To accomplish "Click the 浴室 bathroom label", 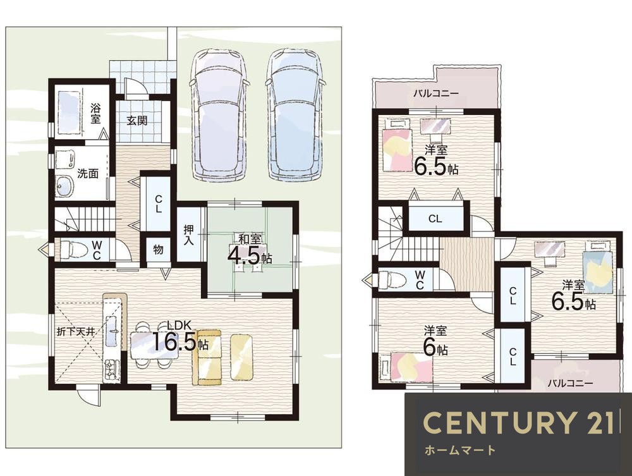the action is tap(95, 114).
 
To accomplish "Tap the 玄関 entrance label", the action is tap(137, 120).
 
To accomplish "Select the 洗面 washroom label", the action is tap(88, 174).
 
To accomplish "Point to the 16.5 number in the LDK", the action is tap(174, 342).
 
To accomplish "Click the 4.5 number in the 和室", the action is tap(243, 255).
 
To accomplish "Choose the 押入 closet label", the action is tap(188, 235).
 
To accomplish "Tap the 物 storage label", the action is tap(158, 250).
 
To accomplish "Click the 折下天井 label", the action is tap(75, 332).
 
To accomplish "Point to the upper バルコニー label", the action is tap(435, 94).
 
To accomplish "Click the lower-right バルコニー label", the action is tap(570, 383).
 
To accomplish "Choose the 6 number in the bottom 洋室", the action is tap(430, 348).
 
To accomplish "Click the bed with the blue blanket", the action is tap(598, 266).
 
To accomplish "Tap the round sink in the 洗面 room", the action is tap(64, 186).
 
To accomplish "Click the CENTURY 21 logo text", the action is tap(518, 422).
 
